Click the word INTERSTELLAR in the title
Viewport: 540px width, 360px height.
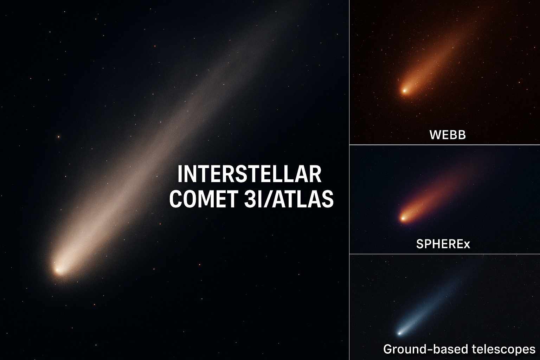249,174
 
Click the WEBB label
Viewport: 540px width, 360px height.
448,135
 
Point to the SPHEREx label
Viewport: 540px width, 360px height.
443,244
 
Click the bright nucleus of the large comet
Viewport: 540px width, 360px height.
58,270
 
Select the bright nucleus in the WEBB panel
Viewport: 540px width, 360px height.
404,91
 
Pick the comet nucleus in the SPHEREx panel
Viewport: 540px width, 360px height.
403,218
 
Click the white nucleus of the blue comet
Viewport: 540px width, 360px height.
399,333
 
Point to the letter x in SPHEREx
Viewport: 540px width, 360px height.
467,244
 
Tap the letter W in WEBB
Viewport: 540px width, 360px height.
435,135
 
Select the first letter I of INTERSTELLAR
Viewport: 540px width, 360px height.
180,174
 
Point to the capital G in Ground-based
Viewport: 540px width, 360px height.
388,349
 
